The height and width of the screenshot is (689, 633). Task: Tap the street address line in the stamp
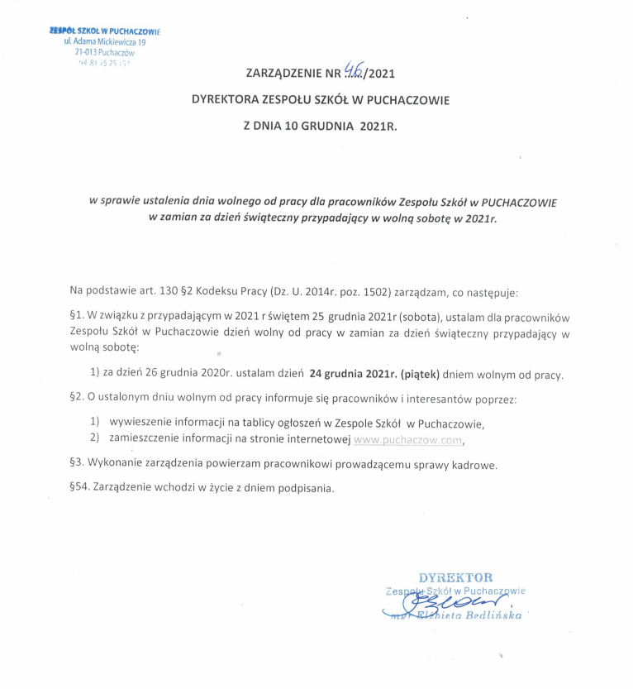coord(105,41)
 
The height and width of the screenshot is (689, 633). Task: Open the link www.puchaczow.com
coord(404,440)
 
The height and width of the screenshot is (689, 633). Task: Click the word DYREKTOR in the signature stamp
coord(455,577)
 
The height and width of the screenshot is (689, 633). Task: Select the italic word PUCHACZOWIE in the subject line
coord(519,201)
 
